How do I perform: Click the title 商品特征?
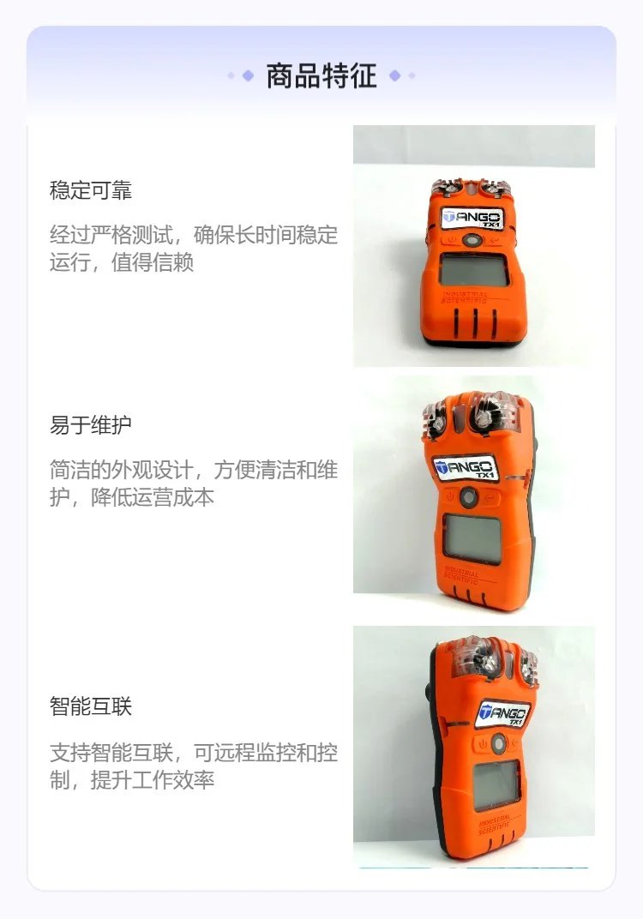click(x=321, y=75)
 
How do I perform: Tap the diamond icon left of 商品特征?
click(x=248, y=75)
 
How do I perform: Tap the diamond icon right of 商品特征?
click(x=395, y=75)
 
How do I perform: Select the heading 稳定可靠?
click(x=91, y=190)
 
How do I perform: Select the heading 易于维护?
click(x=91, y=425)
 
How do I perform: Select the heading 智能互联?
click(x=91, y=706)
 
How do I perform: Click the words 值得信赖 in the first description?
click(x=153, y=262)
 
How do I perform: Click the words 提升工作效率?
click(x=153, y=779)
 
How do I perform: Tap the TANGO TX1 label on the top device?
click(x=472, y=219)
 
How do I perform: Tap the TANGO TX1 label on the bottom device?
click(x=502, y=714)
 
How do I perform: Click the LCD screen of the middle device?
click(x=472, y=538)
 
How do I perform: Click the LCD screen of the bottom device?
click(x=496, y=785)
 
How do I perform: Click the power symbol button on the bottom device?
click(x=483, y=744)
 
